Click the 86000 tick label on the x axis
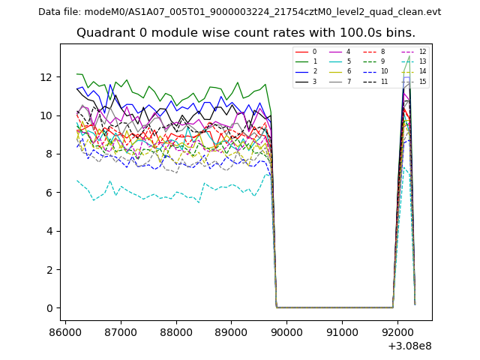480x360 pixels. [x=65, y=331]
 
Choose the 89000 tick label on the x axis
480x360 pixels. [x=231, y=331]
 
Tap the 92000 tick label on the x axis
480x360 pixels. [x=397, y=331]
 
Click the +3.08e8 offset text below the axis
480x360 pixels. [x=409, y=346]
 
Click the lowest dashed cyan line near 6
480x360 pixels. [x=150, y=196]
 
